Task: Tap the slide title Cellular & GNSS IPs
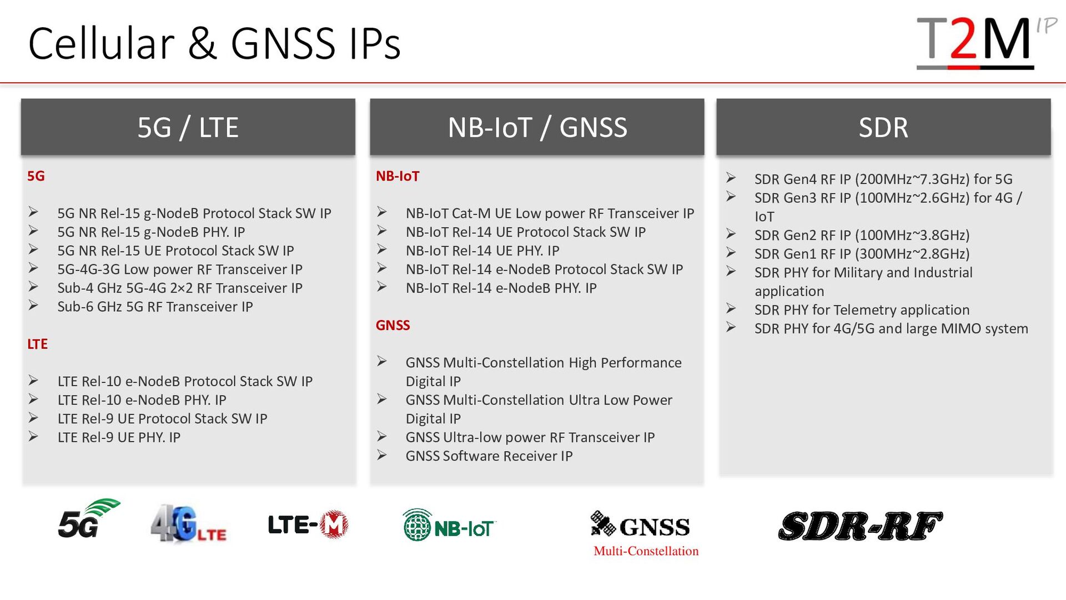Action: tap(214, 43)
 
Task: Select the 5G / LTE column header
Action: tap(188, 127)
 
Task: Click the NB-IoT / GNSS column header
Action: tap(537, 127)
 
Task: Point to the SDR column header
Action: tap(883, 127)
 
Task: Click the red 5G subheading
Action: tap(36, 176)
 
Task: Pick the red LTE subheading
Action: tap(38, 344)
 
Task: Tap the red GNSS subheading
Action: tap(393, 325)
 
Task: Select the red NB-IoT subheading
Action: tap(398, 176)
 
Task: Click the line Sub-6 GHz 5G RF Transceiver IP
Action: tap(155, 307)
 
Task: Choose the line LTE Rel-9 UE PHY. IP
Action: tap(119, 437)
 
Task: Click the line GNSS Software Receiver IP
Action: tap(489, 456)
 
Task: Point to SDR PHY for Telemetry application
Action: tap(862, 310)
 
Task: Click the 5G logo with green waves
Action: tap(89, 519)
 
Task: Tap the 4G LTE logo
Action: tap(188, 523)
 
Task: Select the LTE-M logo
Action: tap(308, 524)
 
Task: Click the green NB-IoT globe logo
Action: tap(449, 525)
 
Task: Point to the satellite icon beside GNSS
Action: tap(603, 523)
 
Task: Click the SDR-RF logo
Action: tap(861, 526)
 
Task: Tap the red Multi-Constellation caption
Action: tap(646, 551)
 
